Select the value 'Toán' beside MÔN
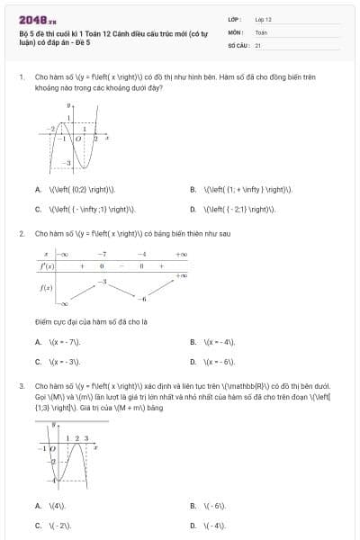pyautogui.click(x=260, y=31)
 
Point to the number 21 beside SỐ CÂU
pyautogui.click(x=258, y=44)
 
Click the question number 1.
pyautogui.click(x=21, y=77)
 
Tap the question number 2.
pyautogui.click(x=21, y=233)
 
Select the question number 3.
pyautogui.click(x=21, y=386)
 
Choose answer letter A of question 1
pyautogui.click(x=38, y=189)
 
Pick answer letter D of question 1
pyautogui.click(x=193, y=209)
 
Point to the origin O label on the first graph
pyautogui.click(x=77, y=139)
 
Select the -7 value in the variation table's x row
pyautogui.click(x=103, y=256)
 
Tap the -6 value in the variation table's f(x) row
pyautogui.click(x=141, y=298)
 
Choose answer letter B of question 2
pyautogui.click(x=193, y=342)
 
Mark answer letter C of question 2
pyautogui.click(x=38, y=362)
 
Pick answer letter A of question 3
pyautogui.click(x=38, y=505)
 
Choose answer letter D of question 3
pyautogui.click(x=193, y=525)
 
